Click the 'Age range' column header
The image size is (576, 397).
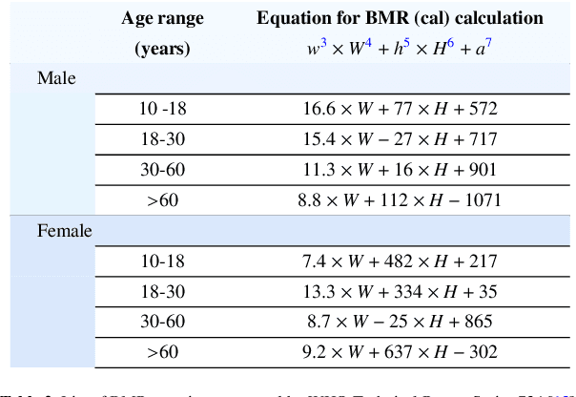[162, 18]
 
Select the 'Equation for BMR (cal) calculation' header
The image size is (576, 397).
[400, 18]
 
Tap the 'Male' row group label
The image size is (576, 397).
[56, 78]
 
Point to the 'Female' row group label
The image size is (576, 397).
[65, 230]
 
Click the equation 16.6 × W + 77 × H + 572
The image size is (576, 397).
[400, 110]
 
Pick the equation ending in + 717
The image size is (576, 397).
[400, 139]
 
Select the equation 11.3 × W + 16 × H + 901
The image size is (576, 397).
[400, 170]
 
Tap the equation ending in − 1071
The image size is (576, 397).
[400, 200]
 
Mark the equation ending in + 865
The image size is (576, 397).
[400, 323]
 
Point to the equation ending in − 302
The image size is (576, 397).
[400, 353]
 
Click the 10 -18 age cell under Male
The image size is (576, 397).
[162, 110]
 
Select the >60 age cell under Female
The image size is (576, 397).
[162, 353]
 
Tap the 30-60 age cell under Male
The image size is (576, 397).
[162, 170]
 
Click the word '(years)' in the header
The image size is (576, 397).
[162, 48]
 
